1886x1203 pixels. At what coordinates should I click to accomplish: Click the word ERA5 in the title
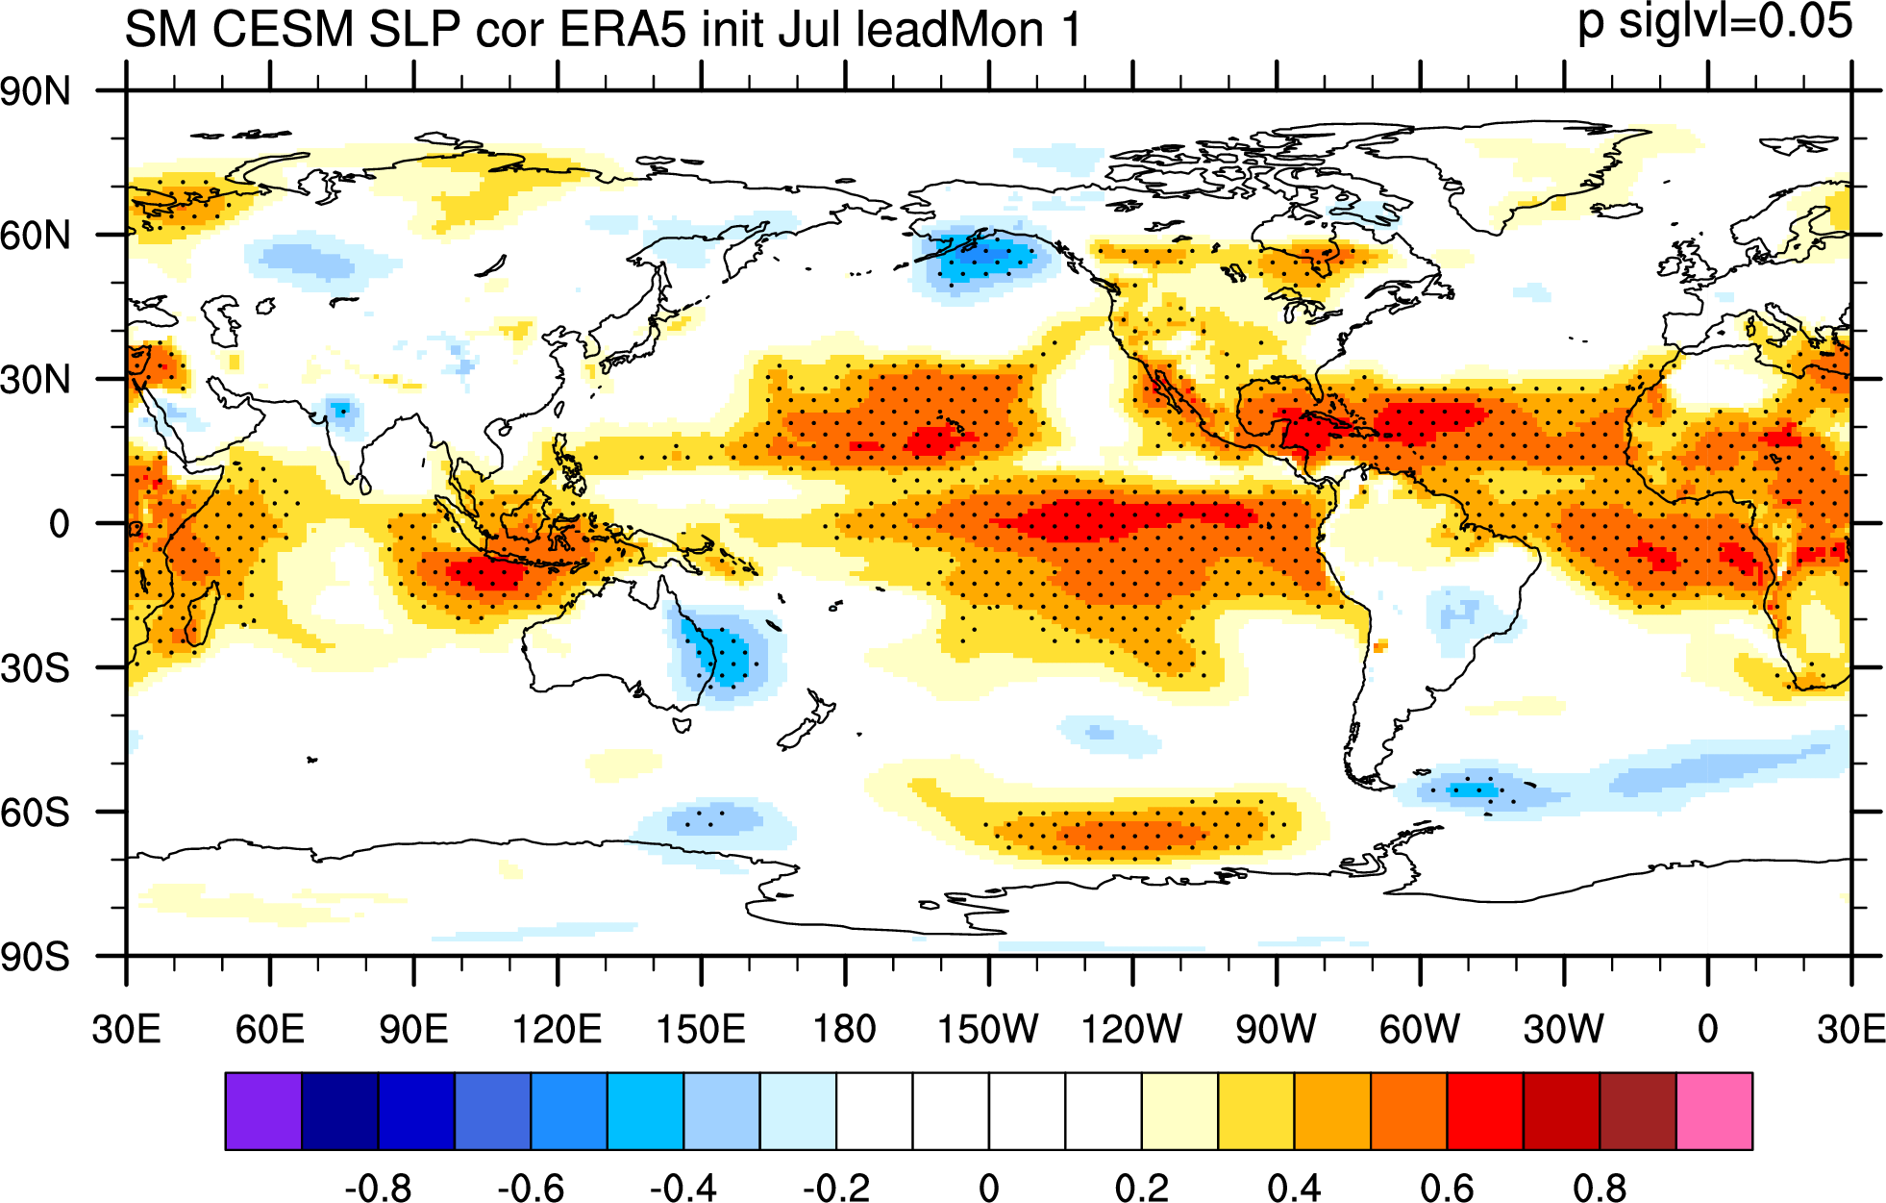click(x=622, y=29)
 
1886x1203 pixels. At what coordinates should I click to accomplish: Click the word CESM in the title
click(x=284, y=29)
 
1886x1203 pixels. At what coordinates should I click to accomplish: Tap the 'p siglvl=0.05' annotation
click(x=1716, y=21)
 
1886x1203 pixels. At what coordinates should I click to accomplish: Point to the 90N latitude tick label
click(x=36, y=92)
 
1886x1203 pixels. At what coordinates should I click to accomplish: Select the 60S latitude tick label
click(x=36, y=813)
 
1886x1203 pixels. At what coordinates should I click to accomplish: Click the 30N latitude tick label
click(x=36, y=380)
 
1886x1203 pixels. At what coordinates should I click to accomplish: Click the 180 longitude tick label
click(x=845, y=1029)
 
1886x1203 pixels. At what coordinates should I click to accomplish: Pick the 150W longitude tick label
click(x=988, y=1029)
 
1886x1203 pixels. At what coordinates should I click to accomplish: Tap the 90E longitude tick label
click(x=413, y=1029)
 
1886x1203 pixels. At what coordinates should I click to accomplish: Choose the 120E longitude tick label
click(x=558, y=1029)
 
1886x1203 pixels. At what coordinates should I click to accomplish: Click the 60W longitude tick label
click(x=1420, y=1029)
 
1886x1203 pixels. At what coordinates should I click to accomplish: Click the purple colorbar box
click(x=263, y=1111)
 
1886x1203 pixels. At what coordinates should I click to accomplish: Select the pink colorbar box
click(x=1714, y=1111)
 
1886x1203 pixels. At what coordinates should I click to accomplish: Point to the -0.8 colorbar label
click(x=378, y=1188)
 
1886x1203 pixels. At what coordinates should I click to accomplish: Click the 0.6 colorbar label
click(x=1447, y=1188)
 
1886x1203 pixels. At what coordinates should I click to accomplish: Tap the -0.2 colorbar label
click(x=836, y=1188)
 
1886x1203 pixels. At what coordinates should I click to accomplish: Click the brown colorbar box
click(x=1638, y=1111)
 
